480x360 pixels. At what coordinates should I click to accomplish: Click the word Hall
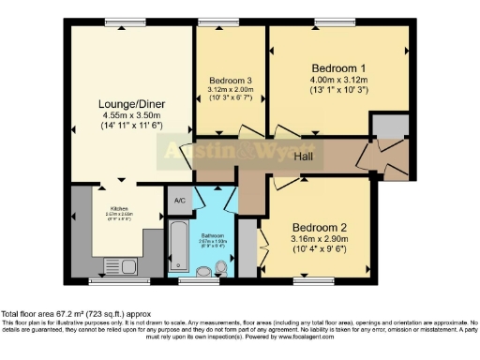(303, 156)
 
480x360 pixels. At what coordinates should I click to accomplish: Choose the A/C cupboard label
(179, 200)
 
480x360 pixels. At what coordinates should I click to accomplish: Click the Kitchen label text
(120, 207)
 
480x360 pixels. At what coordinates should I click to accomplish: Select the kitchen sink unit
(120, 266)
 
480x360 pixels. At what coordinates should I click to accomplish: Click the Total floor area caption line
(74, 313)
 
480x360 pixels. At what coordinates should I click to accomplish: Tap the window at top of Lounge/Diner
(124, 22)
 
